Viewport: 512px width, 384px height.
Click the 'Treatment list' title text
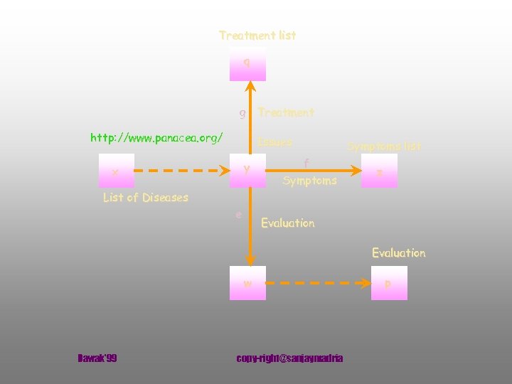(257, 35)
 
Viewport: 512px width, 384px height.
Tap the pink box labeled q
(247, 64)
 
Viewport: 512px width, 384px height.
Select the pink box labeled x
(115, 171)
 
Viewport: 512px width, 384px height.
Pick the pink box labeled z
(380, 171)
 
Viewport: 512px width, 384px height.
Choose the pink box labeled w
(247, 283)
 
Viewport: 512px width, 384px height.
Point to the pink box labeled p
(389, 283)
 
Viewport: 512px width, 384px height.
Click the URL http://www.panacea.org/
(156, 137)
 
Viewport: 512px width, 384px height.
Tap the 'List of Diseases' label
(146, 197)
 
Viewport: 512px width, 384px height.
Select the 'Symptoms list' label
(384, 146)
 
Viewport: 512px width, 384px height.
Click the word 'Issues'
(275, 142)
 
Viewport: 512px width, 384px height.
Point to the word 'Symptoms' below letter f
(309, 181)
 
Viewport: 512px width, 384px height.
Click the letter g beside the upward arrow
(242, 113)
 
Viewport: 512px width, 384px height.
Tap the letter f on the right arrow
(306, 163)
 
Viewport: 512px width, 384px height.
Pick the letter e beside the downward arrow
(239, 214)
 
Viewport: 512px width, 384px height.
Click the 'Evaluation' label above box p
(398, 252)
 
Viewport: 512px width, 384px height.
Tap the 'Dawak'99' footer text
(97, 358)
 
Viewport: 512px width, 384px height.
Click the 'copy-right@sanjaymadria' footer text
(289, 358)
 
